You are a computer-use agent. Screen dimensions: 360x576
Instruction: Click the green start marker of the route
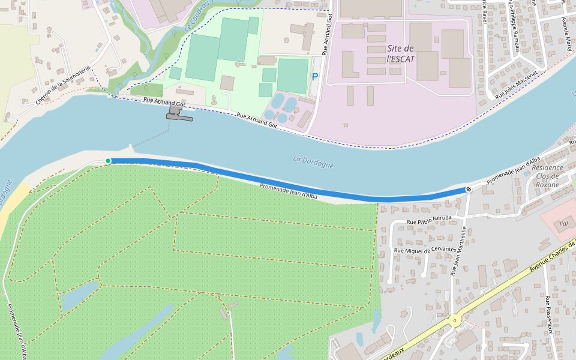point(108,161)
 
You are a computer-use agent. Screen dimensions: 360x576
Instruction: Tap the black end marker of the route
point(468,190)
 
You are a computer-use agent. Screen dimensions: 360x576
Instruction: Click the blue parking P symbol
point(315,77)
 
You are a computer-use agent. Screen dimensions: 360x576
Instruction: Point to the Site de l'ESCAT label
point(401,53)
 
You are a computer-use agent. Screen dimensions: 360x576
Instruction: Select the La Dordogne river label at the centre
point(313,162)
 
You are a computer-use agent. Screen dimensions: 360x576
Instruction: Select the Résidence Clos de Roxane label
point(547,176)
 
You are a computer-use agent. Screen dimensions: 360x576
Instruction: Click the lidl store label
point(563,224)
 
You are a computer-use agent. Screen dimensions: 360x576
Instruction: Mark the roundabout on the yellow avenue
point(455,320)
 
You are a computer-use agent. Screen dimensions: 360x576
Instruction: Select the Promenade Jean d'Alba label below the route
point(289,191)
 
